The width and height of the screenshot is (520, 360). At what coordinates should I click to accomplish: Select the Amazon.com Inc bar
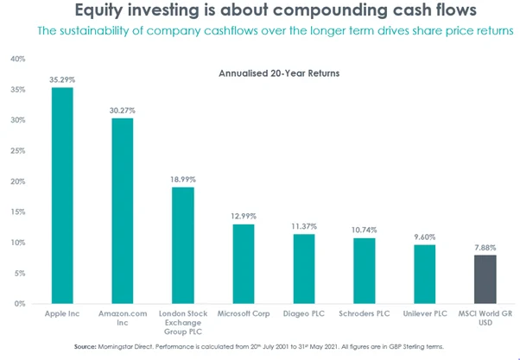(x=123, y=212)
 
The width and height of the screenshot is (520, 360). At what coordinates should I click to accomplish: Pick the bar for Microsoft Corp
(x=243, y=264)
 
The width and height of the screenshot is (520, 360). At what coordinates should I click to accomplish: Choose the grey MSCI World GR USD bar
(x=485, y=280)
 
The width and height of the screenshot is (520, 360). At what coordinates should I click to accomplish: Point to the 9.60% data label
(x=424, y=237)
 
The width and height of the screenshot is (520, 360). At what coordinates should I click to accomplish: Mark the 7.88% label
(x=485, y=248)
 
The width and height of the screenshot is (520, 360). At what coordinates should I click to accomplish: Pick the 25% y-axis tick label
(x=17, y=151)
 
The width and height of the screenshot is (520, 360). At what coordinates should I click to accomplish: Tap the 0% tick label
(x=20, y=304)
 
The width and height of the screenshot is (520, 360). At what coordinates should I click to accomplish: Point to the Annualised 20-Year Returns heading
(x=280, y=74)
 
